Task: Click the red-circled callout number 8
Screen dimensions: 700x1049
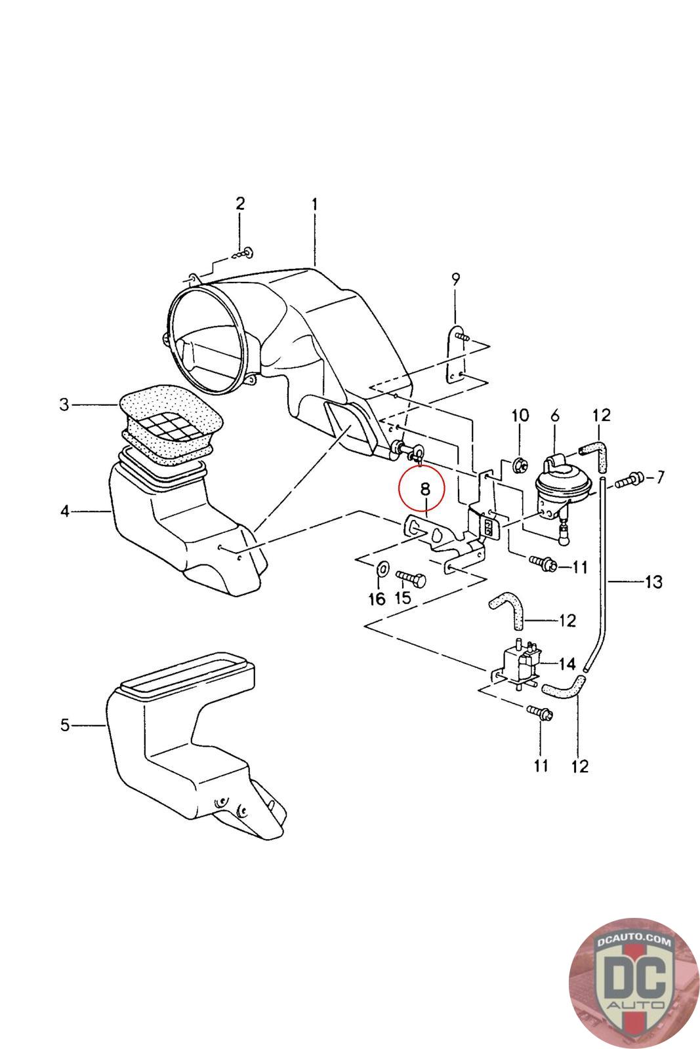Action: [x=425, y=489]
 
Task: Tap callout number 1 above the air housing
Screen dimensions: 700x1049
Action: [x=315, y=204]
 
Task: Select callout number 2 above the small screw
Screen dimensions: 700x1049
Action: [x=240, y=203]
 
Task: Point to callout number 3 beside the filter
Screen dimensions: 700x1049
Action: [x=65, y=404]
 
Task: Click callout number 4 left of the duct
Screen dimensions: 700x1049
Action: [x=65, y=511]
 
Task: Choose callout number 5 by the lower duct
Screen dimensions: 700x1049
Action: [x=65, y=725]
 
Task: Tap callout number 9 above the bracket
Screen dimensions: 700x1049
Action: [x=455, y=279]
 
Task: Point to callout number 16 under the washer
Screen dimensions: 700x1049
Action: [x=377, y=599]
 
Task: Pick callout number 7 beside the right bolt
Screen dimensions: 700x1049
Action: [x=660, y=477]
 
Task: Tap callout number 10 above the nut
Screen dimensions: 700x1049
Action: [x=520, y=415]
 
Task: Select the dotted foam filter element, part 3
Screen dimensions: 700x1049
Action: [x=171, y=426]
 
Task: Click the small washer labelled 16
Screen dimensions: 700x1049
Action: [x=382, y=569]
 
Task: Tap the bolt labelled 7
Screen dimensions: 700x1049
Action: [x=628, y=479]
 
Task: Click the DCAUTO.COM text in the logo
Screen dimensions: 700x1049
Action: [x=634, y=941]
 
